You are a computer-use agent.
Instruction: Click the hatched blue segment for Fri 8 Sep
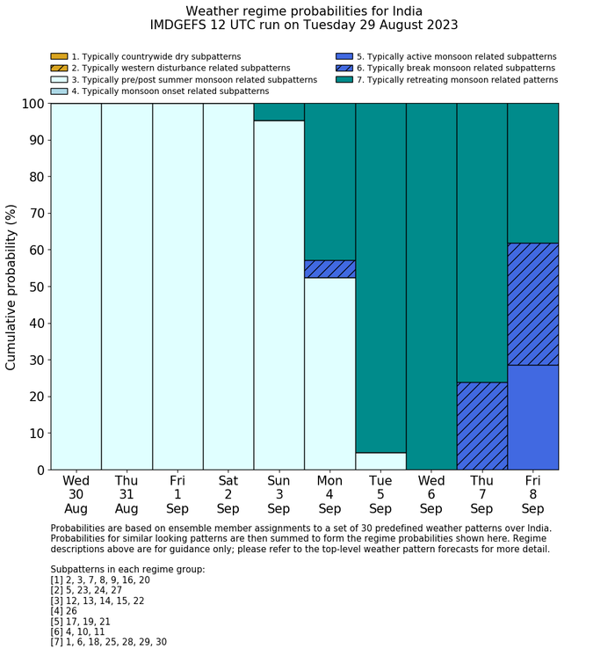(532, 304)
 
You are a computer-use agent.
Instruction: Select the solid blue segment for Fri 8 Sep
(532, 417)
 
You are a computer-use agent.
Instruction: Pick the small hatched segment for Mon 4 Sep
(329, 269)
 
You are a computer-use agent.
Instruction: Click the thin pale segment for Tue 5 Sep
(380, 461)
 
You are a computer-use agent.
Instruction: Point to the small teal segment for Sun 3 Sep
(279, 112)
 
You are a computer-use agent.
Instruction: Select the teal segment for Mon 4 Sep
(329, 181)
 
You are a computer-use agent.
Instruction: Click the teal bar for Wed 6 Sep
(431, 287)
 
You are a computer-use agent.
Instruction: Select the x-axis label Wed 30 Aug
(76, 494)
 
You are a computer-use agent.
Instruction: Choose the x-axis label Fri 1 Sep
(177, 494)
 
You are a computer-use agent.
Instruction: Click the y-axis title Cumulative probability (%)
(11, 287)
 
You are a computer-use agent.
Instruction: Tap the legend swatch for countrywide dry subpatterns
(59, 56)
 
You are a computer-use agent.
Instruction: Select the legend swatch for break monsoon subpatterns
(344, 68)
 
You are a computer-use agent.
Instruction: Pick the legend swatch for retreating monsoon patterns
(344, 79)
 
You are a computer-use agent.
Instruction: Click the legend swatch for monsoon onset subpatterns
(59, 91)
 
